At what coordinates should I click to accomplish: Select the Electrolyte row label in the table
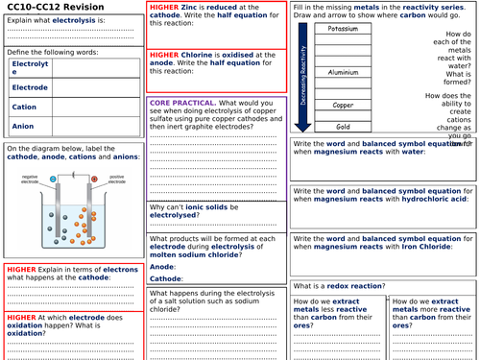point(29,67)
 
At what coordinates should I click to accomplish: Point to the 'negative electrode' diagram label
point(30,180)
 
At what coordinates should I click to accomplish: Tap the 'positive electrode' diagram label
point(117,180)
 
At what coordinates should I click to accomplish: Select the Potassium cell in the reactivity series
point(343,29)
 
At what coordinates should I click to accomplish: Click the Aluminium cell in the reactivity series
point(343,72)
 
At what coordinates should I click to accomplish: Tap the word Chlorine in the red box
point(200,55)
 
